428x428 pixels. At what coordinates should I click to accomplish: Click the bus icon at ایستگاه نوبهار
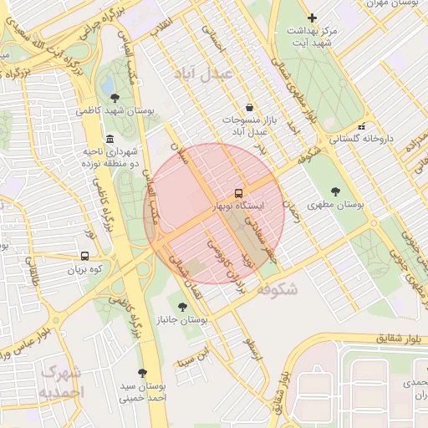(240, 192)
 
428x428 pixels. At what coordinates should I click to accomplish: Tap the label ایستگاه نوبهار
(240, 205)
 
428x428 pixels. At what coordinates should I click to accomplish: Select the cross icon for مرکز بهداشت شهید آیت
(312, 17)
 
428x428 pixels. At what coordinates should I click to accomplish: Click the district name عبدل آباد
(203, 74)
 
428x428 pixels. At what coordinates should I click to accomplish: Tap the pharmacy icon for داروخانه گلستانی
(360, 126)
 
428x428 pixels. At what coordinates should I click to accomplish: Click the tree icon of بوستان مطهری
(335, 191)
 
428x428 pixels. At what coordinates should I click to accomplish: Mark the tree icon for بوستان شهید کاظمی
(115, 98)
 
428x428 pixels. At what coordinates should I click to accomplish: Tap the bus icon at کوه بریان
(84, 257)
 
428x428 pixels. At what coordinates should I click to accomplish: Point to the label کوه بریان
(84, 270)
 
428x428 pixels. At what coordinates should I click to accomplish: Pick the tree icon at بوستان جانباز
(182, 307)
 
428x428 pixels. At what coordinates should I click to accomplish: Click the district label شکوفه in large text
(277, 288)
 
